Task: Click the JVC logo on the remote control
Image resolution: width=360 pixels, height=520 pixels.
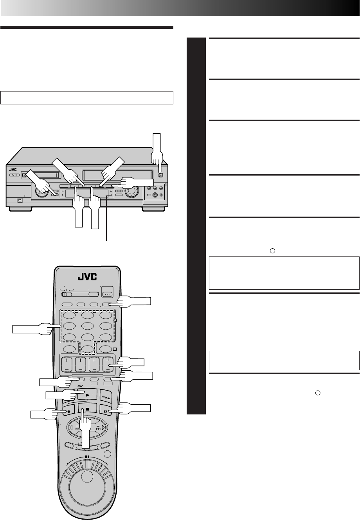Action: click(x=87, y=277)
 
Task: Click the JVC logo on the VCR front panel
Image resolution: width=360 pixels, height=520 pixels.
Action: click(x=13, y=170)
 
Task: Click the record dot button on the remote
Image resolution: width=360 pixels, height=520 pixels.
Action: click(x=68, y=411)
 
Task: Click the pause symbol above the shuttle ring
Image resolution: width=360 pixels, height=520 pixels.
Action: click(x=87, y=456)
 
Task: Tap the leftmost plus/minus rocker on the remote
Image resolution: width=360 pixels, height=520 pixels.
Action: click(x=67, y=364)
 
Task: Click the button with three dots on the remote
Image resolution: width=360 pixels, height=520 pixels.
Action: click(x=107, y=294)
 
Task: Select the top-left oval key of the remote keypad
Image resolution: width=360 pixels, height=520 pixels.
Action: click(x=69, y=315)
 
